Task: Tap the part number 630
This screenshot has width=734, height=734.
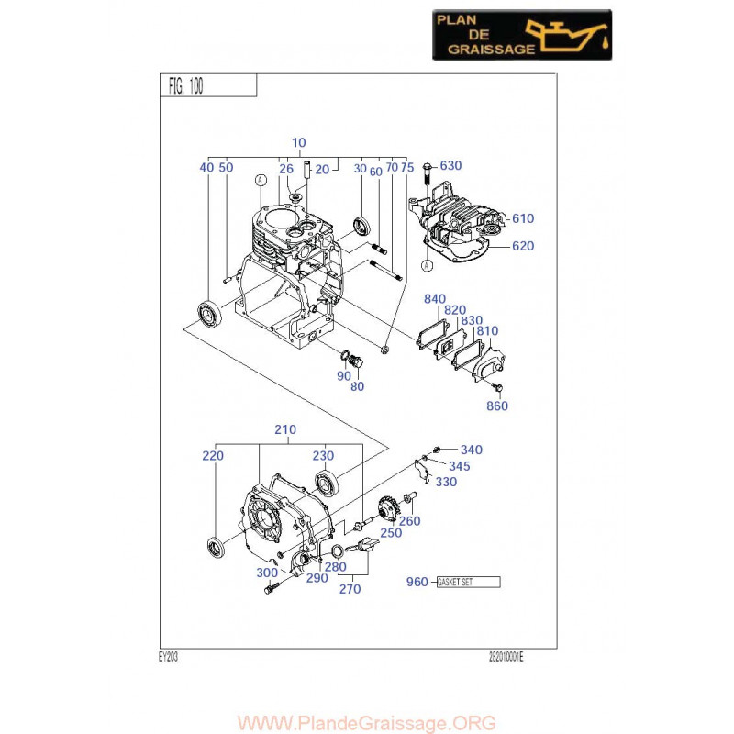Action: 450,166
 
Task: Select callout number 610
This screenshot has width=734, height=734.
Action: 523,218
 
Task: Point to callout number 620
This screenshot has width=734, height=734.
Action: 523,246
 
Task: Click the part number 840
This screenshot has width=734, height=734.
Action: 435,299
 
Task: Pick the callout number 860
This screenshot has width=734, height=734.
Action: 496,406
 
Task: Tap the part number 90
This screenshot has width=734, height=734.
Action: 343,375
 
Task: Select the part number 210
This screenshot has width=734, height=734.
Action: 285,429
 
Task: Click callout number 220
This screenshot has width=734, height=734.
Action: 213,454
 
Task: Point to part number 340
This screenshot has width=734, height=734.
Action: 471,450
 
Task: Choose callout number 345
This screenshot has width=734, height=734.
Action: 460,466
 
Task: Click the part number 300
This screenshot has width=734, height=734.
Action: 267,573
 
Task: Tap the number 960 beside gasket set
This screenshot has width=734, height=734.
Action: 417,583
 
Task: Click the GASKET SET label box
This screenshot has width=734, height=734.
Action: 468,582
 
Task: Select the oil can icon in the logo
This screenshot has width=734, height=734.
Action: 575,35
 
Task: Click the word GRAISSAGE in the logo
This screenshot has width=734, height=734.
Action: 487,50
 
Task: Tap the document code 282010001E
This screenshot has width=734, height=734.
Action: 510,657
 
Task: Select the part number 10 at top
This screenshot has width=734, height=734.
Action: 299,142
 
